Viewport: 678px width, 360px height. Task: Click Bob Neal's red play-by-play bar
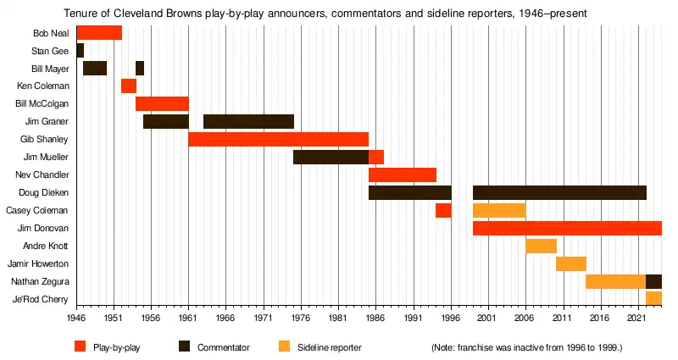pyautogui.click(x=99, y=33)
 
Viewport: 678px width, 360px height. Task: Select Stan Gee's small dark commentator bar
pyautogui.click(x=80, y=51)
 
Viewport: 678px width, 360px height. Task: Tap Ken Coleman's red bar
pyautogui.click(x=129, y=86)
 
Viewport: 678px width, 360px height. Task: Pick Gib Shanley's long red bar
pyautogui.click(x=278, y=139)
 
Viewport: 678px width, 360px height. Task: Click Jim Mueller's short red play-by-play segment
pyautogui.click(x=376, y=157)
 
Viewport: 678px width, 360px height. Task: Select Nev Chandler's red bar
pyautogui.click(x=403, y=174)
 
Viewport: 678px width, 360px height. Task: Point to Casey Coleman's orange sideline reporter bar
pyautogui.click(x=499, y=210)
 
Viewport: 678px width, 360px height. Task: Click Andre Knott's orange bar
pyautogui.click(x=541, y=246)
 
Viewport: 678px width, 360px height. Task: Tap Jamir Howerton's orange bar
pyautogui.click(x=571, y=263)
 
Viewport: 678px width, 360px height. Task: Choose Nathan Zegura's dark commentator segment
pyautogui.click(x=653, y=281)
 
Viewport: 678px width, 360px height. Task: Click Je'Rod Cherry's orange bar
pyautogui.click(x=653, y=298)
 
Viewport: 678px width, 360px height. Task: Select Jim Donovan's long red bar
pyautogui.click(x=567, y=228)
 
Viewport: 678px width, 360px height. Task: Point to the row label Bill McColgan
pyautogui.click(x=42, y=103)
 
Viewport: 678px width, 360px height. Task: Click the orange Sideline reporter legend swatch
pyautogui.click(x=284, y=346)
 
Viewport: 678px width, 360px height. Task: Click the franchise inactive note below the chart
pyautogui.click(x=527, y=347)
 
